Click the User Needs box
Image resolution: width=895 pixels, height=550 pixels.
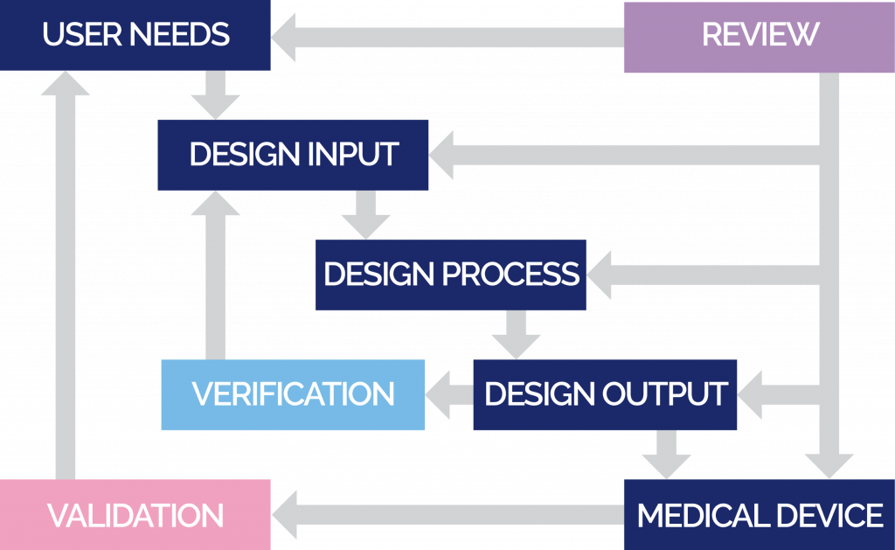tap(135, 35)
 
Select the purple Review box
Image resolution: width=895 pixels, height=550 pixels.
tap(759, 35)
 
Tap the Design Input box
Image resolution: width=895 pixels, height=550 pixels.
tap(293, 155)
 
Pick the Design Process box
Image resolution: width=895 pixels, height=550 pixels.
tap(450, 275)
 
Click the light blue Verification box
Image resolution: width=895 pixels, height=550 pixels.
tap(293, 394)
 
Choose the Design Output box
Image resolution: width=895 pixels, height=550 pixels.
tap(605, 394)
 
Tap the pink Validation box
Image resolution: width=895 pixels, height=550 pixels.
tap(135, 514)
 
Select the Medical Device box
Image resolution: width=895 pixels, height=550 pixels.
tap(759, 514)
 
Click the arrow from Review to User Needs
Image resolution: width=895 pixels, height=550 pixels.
tap(446, 38)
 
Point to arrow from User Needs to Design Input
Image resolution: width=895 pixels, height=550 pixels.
tap(215, 94)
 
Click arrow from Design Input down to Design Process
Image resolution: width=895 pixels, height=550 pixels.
tap(365, 214)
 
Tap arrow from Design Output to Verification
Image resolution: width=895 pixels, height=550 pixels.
tap(448, 394)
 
